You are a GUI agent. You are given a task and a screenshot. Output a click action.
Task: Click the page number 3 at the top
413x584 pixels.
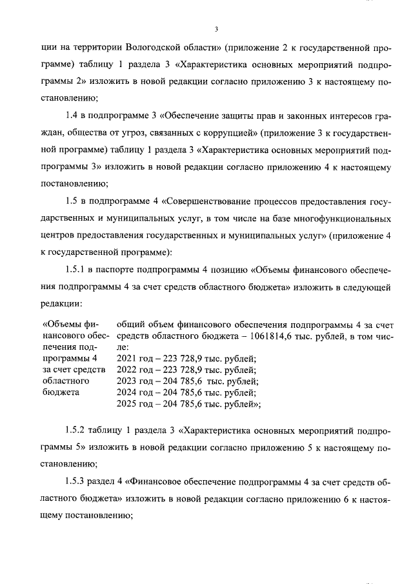point(216,28)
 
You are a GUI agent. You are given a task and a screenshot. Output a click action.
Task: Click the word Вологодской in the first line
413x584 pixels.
point(157,47)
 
